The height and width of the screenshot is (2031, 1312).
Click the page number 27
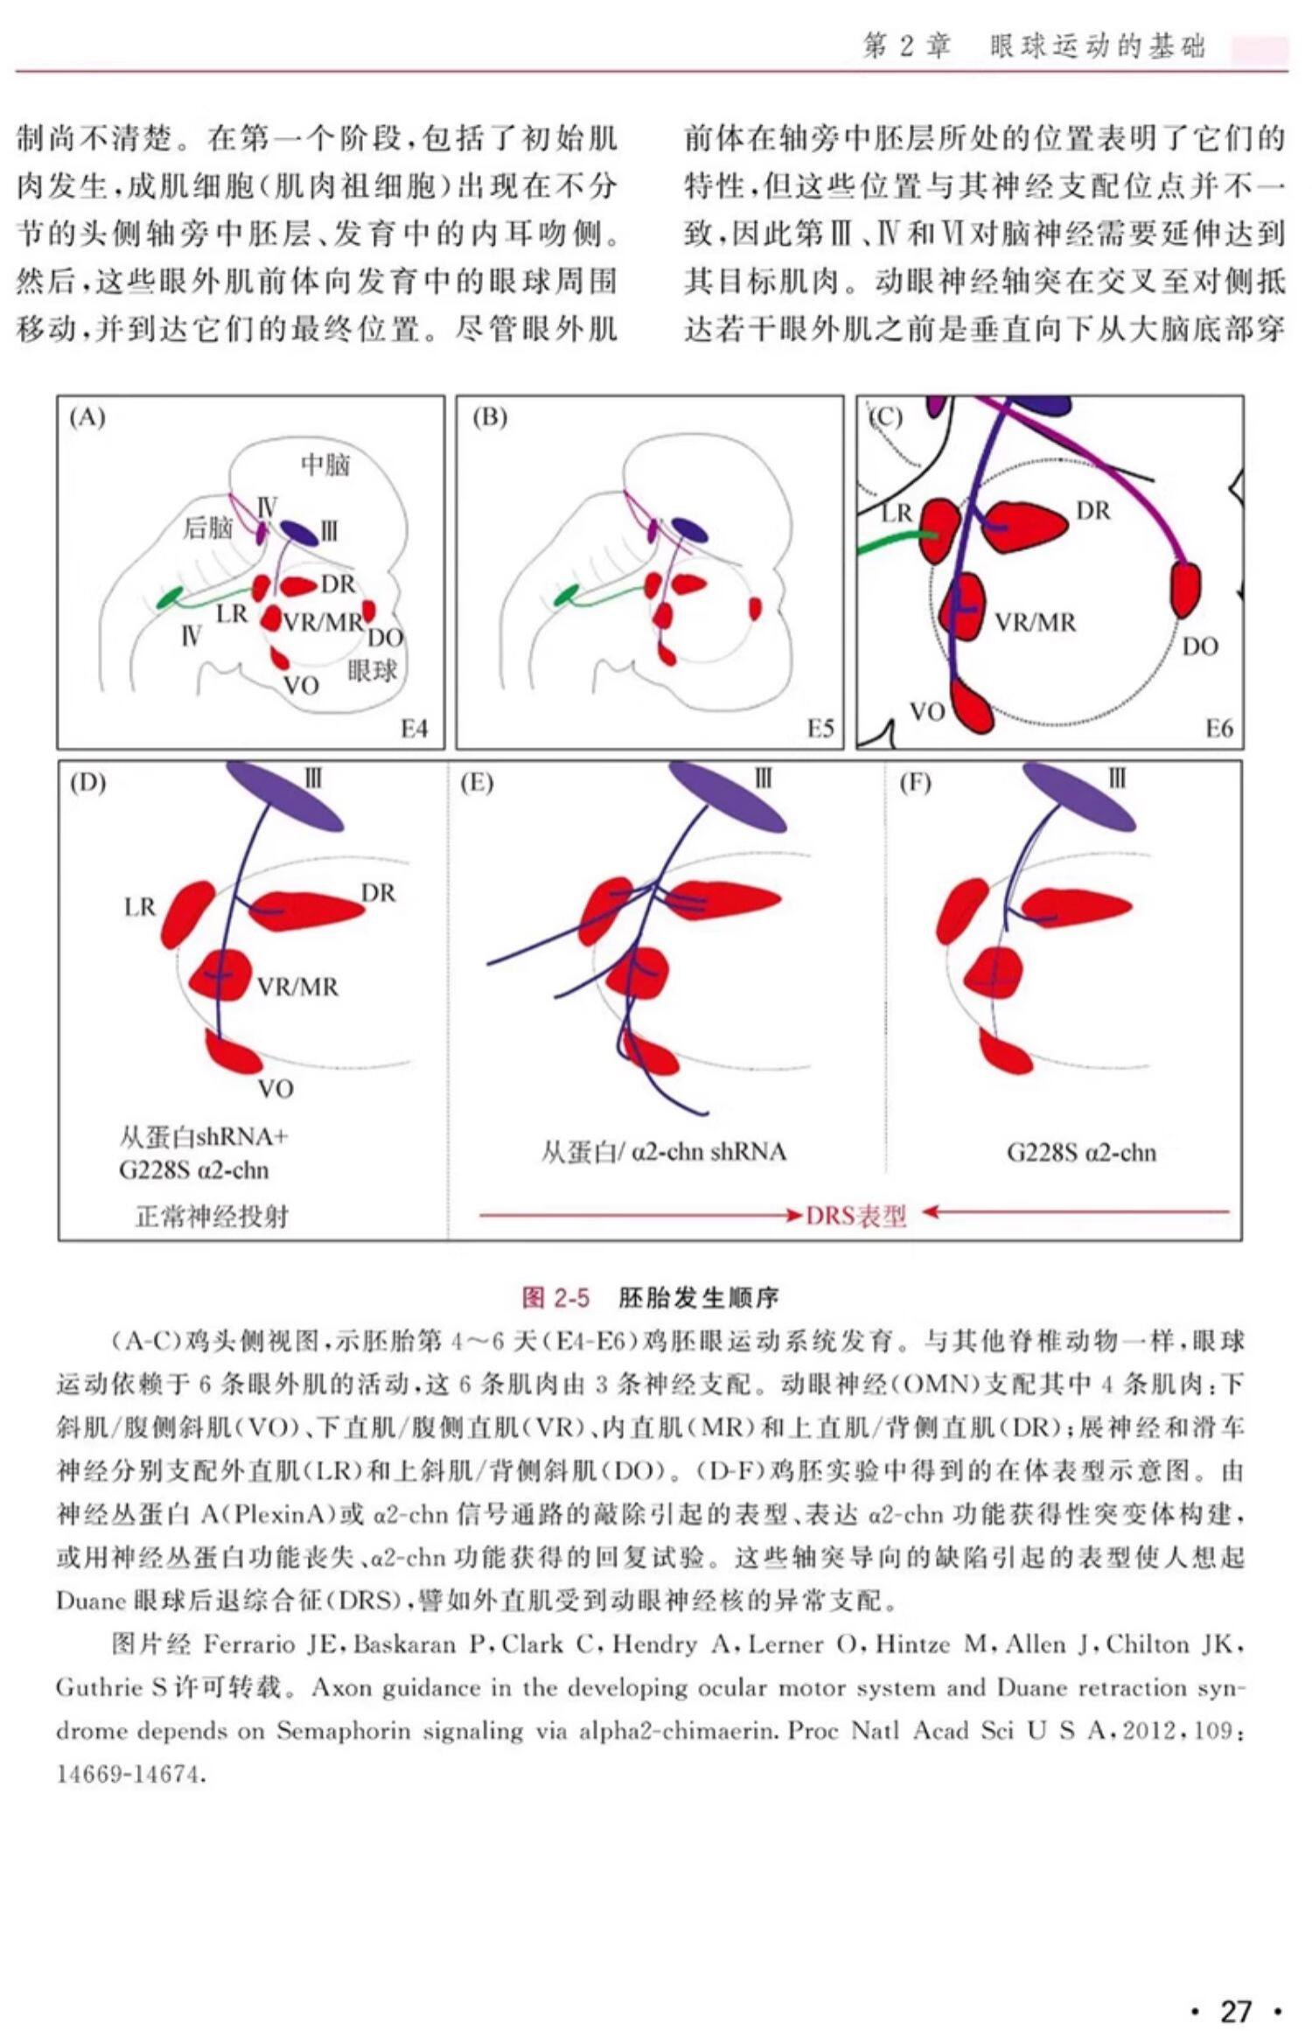[1236, 1986]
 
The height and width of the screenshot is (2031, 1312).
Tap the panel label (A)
[87, 418]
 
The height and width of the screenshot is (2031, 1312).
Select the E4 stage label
[414, 729]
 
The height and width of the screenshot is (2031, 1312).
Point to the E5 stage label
[820, 729]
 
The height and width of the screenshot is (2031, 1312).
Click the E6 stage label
[1218, 729]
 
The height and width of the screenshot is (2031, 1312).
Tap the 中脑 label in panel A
[325, 464]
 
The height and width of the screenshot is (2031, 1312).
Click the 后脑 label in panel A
[207, 527]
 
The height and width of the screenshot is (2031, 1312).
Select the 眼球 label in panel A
[372, 672]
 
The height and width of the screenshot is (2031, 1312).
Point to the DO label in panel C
[1199, 646]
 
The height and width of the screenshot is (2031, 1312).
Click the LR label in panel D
[140, 907]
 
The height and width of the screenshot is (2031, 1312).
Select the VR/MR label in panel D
[297, 987]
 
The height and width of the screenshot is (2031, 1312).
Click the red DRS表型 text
[855, 1216]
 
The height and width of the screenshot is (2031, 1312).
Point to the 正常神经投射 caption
[212, 1216]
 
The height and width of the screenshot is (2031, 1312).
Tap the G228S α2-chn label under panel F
[1081, 1152]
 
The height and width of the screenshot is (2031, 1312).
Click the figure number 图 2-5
[555, 1297]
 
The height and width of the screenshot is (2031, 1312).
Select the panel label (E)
[477, 783]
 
